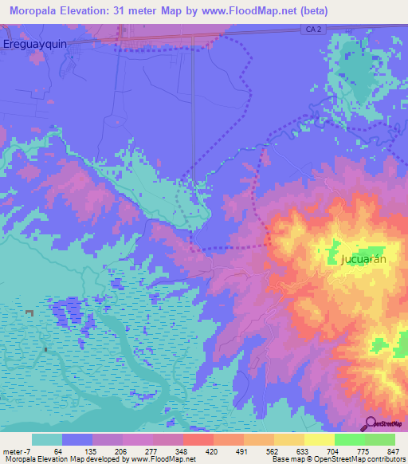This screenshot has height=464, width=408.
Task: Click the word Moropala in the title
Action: click(37, 10)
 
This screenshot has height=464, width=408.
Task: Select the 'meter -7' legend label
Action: click(17, 451)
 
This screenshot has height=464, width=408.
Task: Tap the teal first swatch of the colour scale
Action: click(47, 439)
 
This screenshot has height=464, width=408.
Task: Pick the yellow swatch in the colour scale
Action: click(319, 439)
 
